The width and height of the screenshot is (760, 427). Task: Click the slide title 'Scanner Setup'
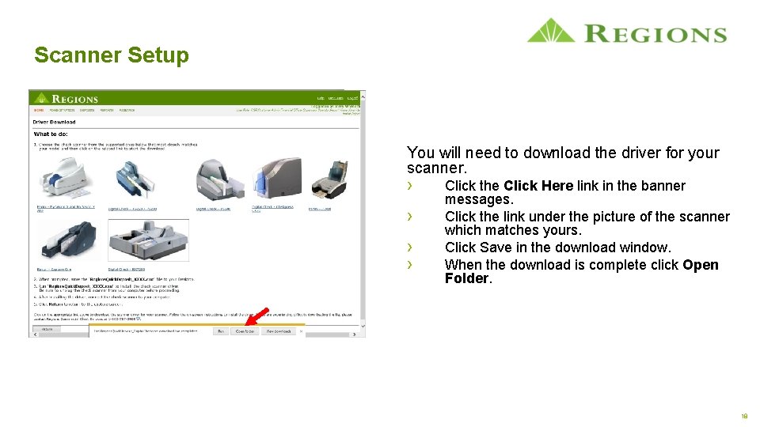coord(112,55)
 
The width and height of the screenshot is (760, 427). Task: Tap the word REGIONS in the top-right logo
coord(656,34)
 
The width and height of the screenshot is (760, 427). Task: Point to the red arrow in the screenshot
coord(256,318)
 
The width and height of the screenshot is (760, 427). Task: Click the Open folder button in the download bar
coord(245,331)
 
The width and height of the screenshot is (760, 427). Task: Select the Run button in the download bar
coord(221,331)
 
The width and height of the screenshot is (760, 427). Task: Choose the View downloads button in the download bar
coord(279,331)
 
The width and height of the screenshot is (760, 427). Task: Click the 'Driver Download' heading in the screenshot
coord(54,123)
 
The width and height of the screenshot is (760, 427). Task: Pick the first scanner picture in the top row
coord(64,178)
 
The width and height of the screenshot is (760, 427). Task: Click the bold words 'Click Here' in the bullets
coord(538,186)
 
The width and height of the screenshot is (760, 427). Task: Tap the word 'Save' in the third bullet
coord(496,248)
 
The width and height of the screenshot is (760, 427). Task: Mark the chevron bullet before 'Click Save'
coord(410,246)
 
